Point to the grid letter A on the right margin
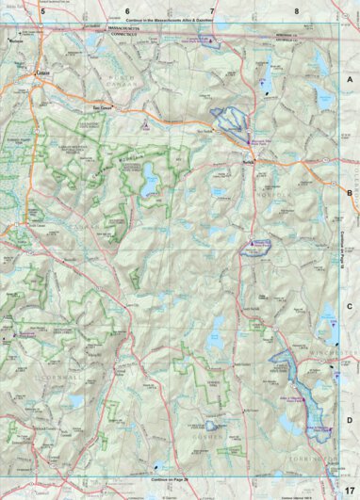pos(350,82)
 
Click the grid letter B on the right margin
pos(350,193)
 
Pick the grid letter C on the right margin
pos(350,306)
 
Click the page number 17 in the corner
pos(348,490)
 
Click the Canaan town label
pos(42,73)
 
